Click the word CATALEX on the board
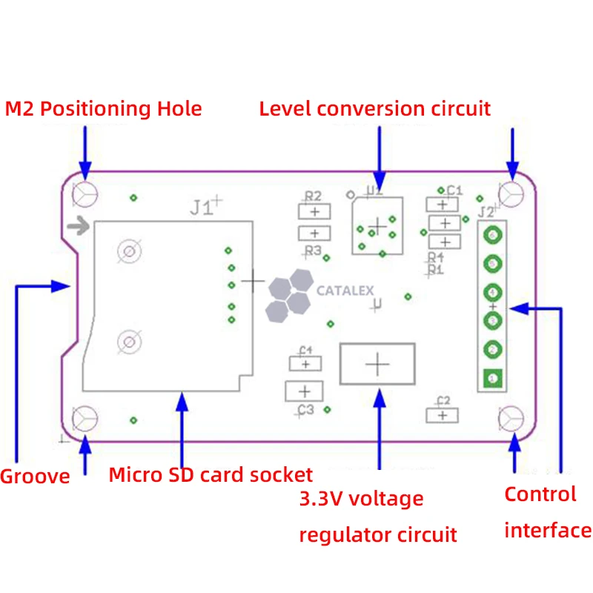(345, 291)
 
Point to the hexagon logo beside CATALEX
(288, 295)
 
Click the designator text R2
(314, 196)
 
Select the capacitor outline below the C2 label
(443, 415)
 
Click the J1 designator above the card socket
(201, 208)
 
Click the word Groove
(35, 476)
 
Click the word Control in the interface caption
(540, 494)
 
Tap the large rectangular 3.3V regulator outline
(377, 363)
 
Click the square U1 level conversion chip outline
(378, 225)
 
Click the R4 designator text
(435, 256)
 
